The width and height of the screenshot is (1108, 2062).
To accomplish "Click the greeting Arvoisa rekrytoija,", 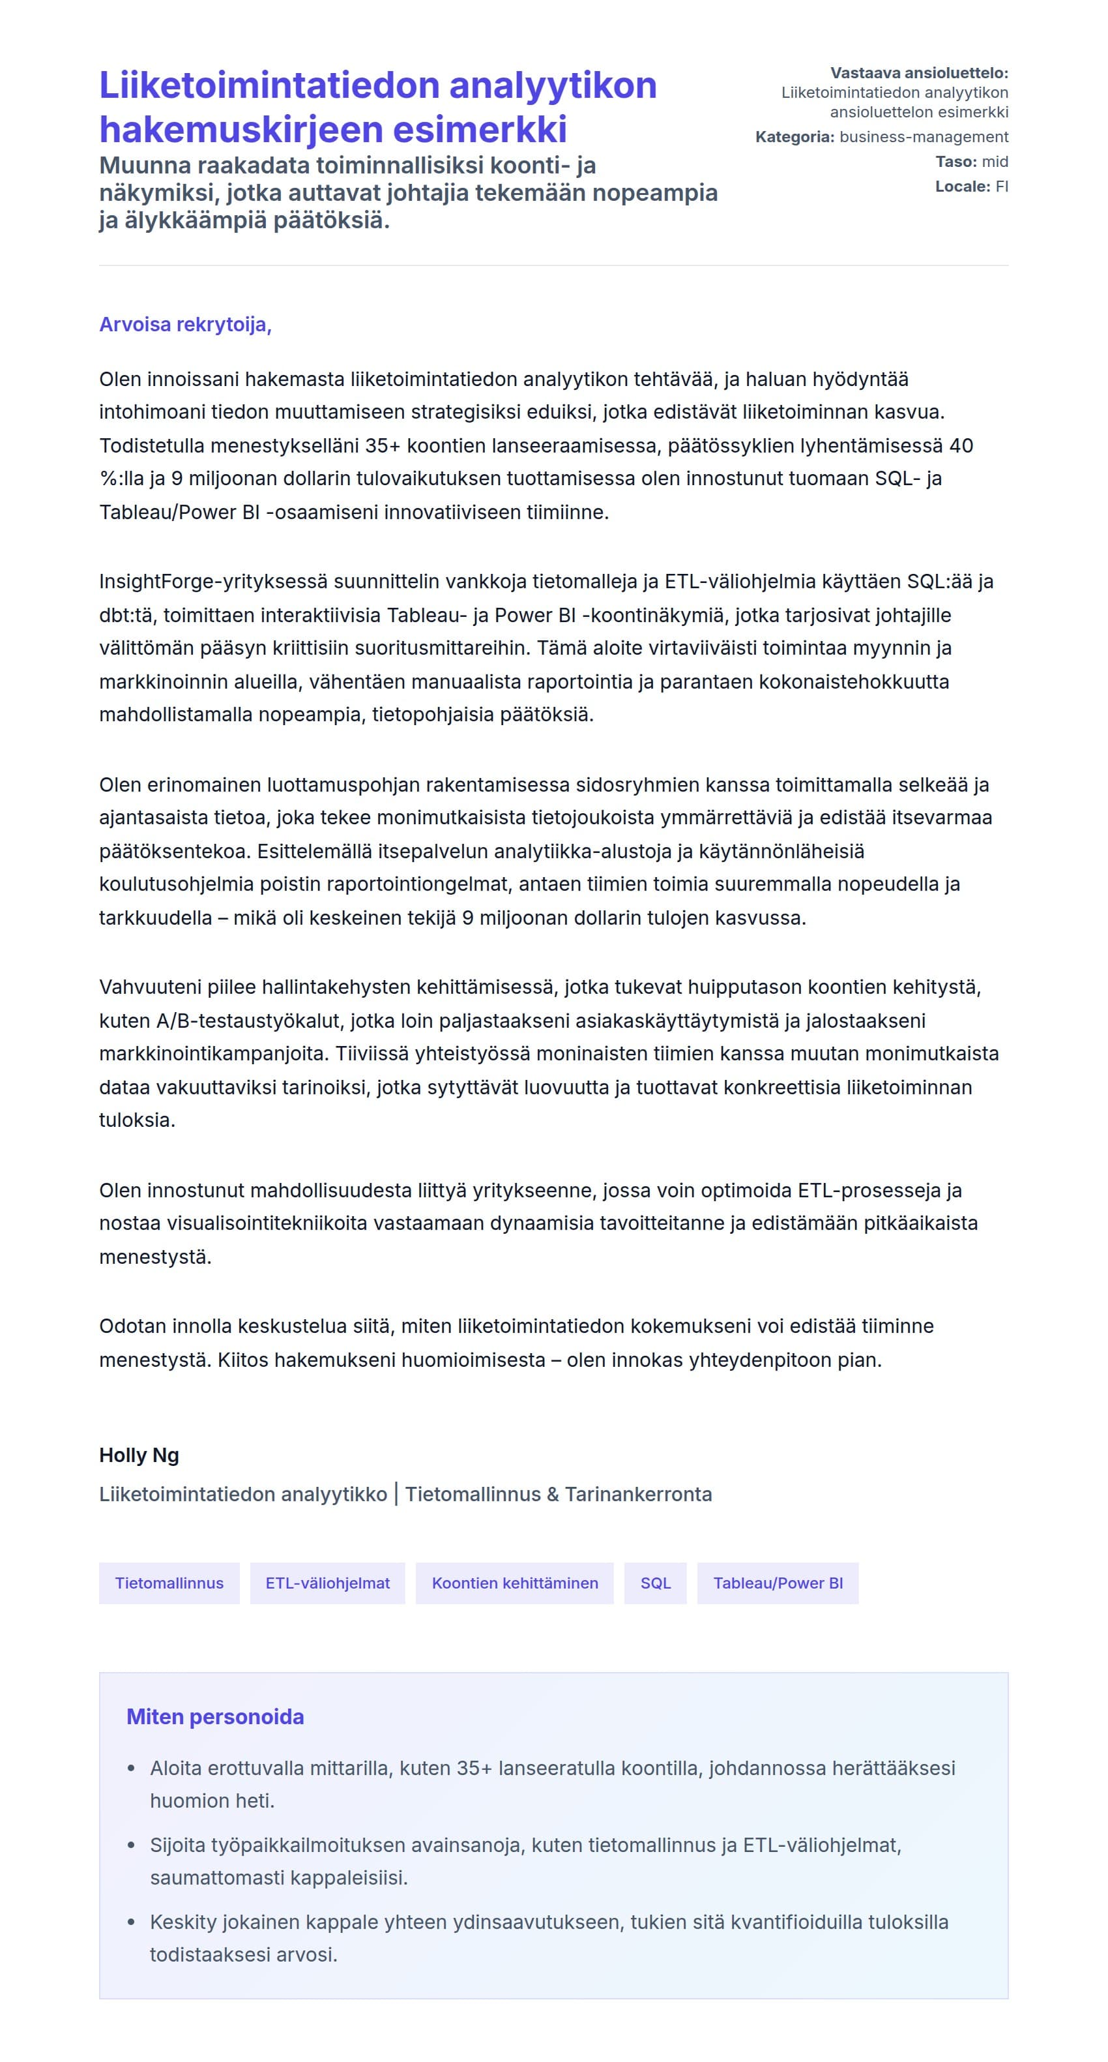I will pos(185,324).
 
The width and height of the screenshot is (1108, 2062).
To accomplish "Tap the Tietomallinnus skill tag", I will pos(169,1583).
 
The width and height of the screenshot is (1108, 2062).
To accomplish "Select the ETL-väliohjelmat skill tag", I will pos(327,1583).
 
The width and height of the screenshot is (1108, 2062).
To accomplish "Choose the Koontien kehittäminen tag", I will pos(514,1583).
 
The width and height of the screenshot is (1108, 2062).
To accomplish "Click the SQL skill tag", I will pos(655,1583).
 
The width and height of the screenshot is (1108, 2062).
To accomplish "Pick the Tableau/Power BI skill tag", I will pos(778,1583).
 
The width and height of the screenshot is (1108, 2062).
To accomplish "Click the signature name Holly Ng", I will pos(138,1454).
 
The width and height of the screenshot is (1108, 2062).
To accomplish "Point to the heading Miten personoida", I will pos(214,1716).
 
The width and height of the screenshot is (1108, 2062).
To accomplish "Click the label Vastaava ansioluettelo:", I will pos(918,73).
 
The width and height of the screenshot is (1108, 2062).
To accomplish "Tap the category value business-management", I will pos(923,137).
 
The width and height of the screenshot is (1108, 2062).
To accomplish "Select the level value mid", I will pos(995,162).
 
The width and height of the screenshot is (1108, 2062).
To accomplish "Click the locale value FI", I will pos(1001,187).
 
